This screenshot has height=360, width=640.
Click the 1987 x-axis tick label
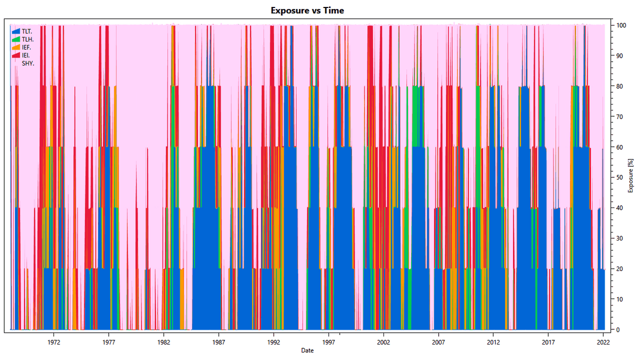(219, 342)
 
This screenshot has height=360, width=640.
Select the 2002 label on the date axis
(383, 342)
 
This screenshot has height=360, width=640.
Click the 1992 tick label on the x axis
(274, 342)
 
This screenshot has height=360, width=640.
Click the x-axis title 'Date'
(307, 350)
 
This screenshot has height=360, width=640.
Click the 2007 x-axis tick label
(438, 342)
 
